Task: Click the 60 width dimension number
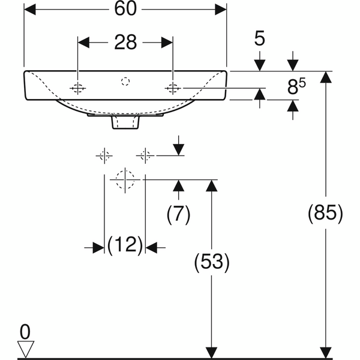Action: pos(125,9)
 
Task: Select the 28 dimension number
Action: pos(125,43)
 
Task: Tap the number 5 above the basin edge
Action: pos(260,38)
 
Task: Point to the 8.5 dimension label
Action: pos(296,86)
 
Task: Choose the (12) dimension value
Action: pos(125,245)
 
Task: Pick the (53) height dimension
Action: pos(212,262)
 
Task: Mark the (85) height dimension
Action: pos(325,213)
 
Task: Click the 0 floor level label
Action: pos(25,332)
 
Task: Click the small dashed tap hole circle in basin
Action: pos(125,81)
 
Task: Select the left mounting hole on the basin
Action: pos(77,88)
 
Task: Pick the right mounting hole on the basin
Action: pos(173,88)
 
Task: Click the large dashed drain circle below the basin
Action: pos(125,180)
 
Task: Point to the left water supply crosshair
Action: pos(104,156)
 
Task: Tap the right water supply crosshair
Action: pos(145,156)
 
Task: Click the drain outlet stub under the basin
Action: pos(125,122)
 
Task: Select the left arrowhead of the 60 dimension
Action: pos(30,10)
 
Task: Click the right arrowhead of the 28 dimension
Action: pos(167,43)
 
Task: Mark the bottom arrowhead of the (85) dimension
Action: pos(325,353)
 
